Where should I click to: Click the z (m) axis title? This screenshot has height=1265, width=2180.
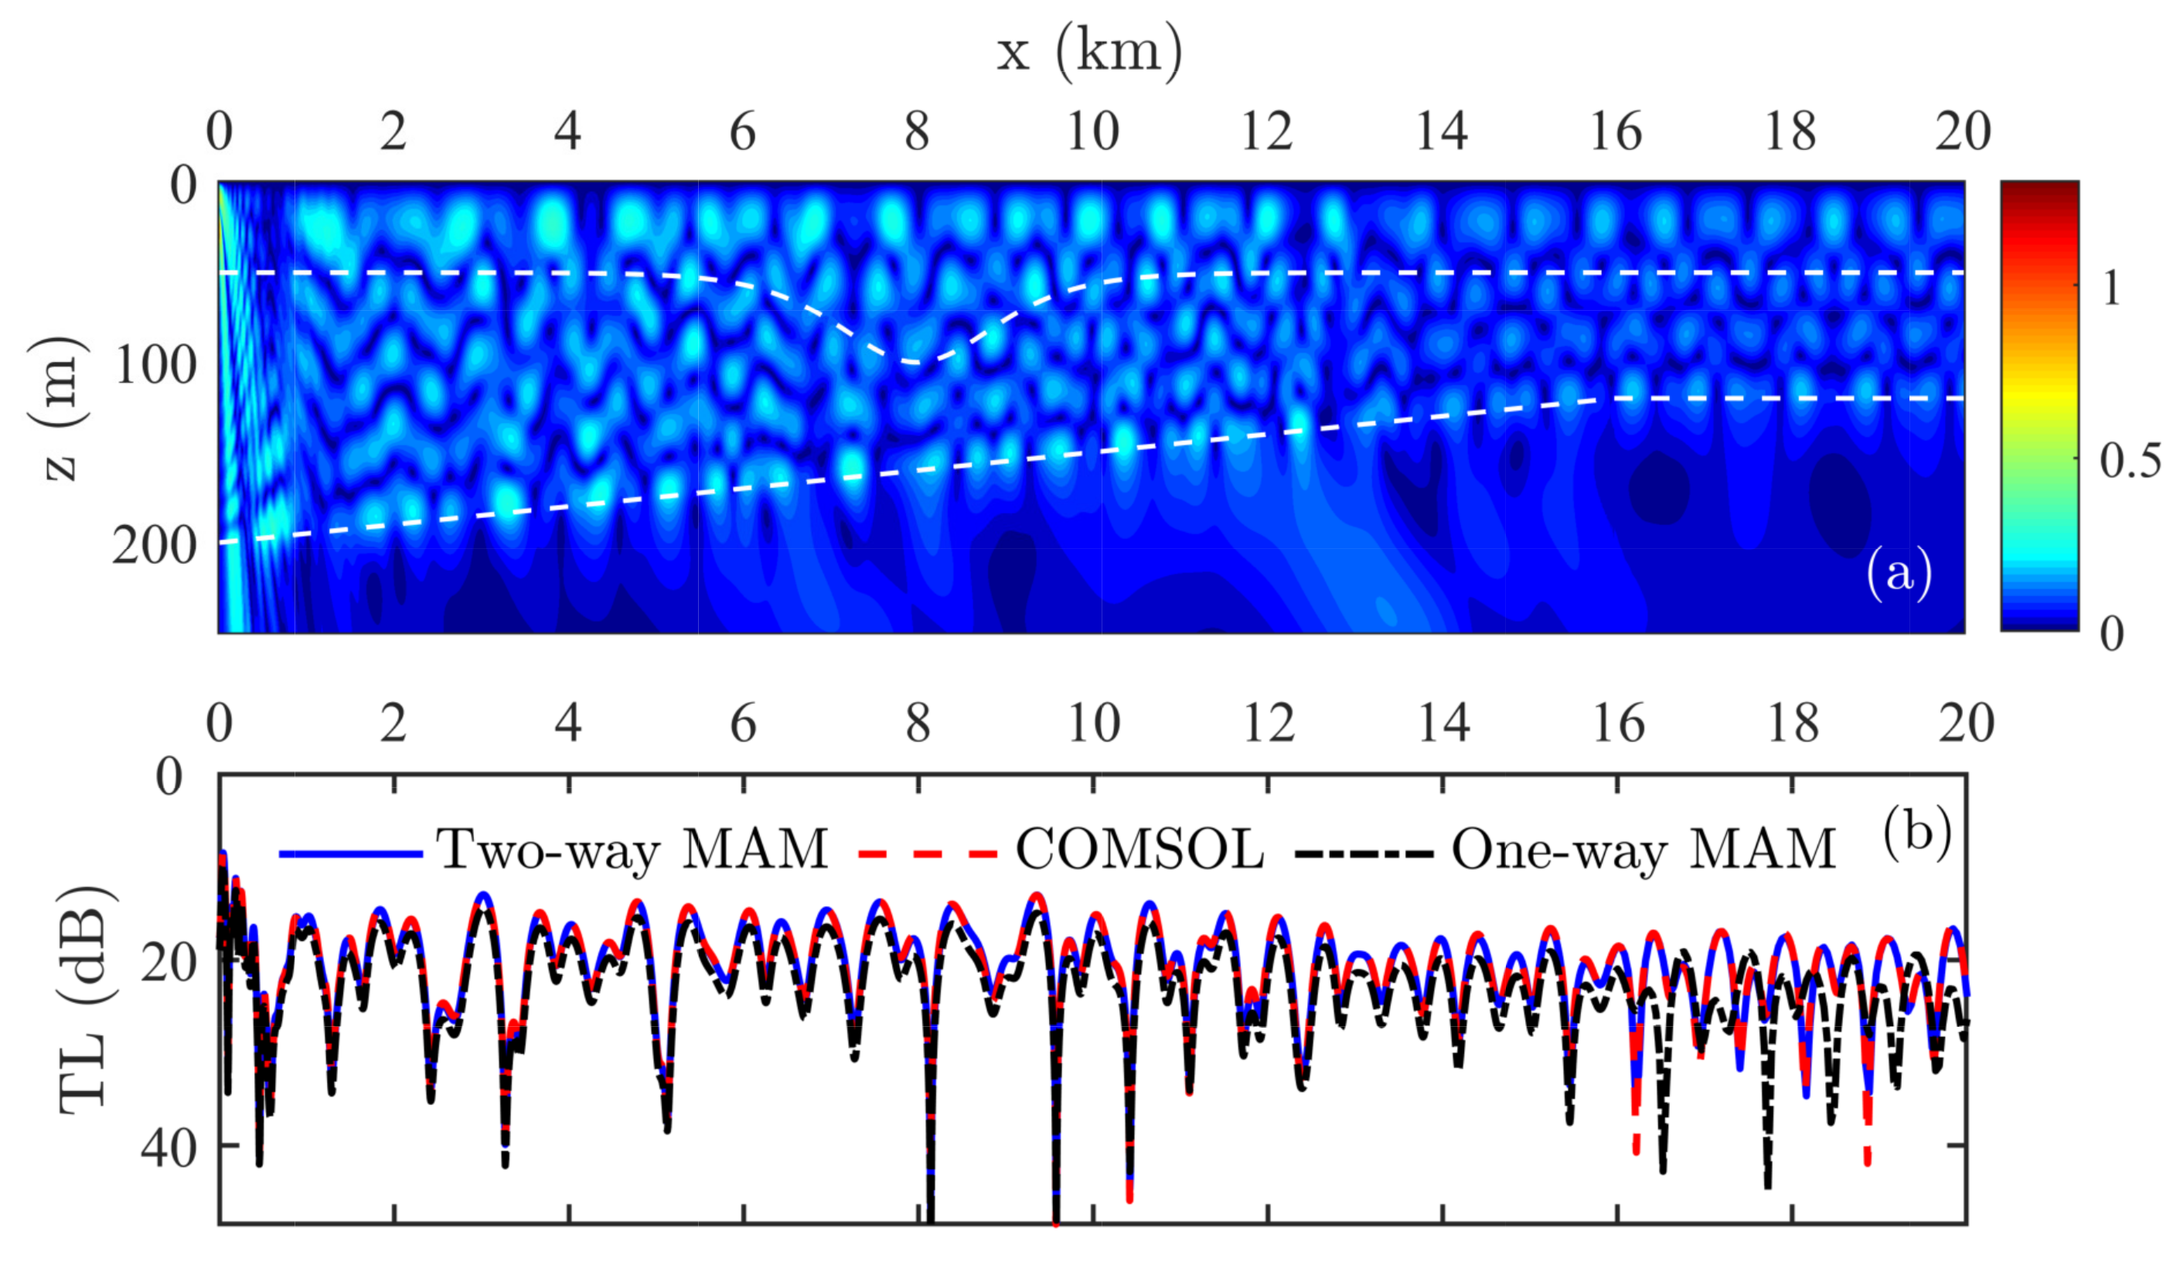[59, 407]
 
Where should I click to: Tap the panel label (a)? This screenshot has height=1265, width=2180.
[1898, 573]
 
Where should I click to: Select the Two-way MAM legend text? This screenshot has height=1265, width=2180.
[632, 850]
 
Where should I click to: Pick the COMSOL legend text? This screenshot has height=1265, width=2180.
[1139, 850]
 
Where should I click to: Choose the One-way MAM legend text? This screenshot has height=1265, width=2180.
[1644, 850]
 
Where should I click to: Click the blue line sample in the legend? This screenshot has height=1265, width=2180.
[350, 854]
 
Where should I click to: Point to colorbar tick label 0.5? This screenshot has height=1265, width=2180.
[2129, 460]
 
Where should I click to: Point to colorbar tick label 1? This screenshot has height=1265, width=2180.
[2110, 288]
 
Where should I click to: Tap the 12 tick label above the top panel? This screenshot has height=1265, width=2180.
[1266, 131]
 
